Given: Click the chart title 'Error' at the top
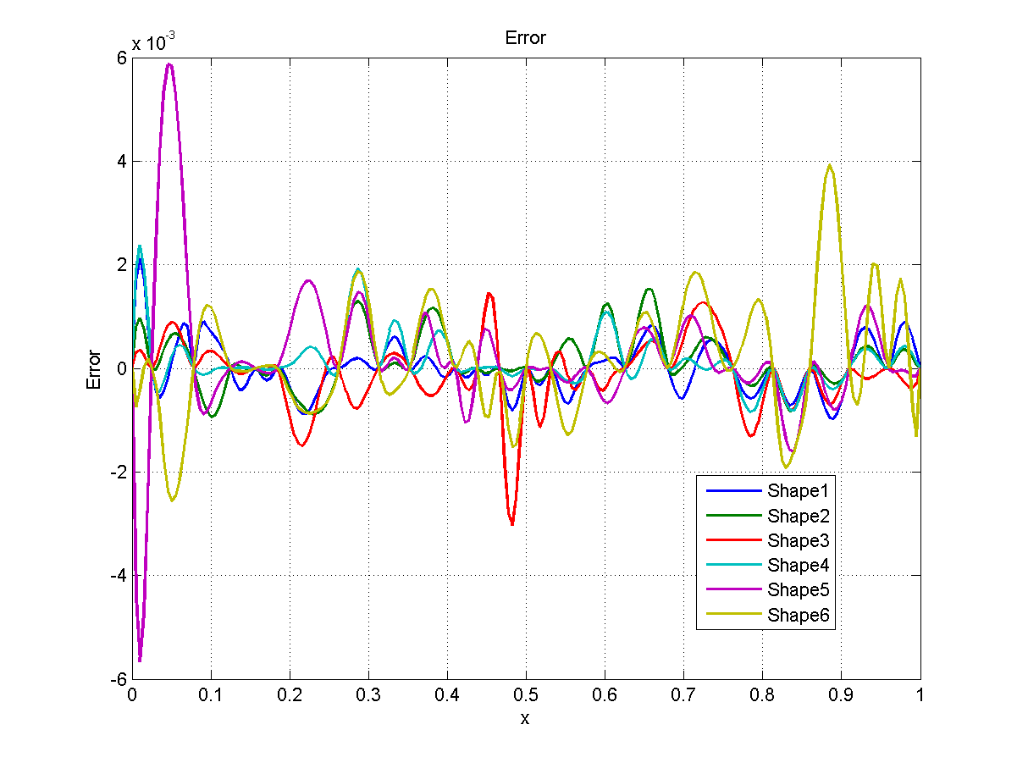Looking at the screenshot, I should [525, 38].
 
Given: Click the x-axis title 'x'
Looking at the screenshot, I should [525, 719].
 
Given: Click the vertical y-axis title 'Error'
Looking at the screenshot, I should [94, 369].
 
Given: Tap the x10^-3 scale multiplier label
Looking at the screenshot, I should [153, 43].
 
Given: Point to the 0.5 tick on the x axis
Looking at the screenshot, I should [526, 694].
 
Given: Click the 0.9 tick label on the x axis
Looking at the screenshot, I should [841, 694].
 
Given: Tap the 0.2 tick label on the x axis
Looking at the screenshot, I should [290, 694].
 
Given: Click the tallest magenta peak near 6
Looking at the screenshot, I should [170, 64].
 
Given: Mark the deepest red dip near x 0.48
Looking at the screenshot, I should [511, 524].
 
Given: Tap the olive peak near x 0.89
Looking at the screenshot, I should [830, 165].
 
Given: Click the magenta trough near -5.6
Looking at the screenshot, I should [140, 659].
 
